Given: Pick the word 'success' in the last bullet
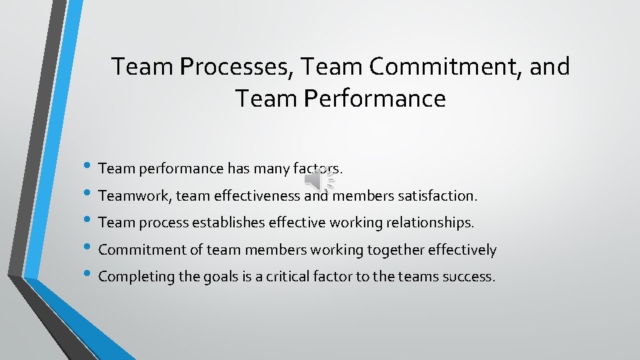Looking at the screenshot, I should pos(469,277).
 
